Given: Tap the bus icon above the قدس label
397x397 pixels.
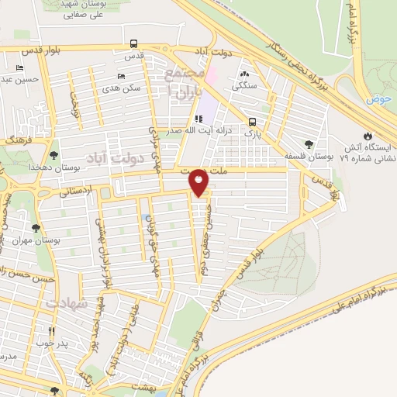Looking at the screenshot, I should (x=134, y=43).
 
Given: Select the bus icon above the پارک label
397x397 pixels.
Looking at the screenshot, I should (x=252, y=122).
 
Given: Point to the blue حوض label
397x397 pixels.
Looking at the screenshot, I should (x=378, y=99).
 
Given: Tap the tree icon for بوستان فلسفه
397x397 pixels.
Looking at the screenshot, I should (x=309, y=143).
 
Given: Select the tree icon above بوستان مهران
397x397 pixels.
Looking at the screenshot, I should (x=35, y=228).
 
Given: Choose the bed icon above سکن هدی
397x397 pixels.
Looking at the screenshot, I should (x=119, y=76).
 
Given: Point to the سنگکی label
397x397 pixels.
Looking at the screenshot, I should (x=249, y=87).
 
